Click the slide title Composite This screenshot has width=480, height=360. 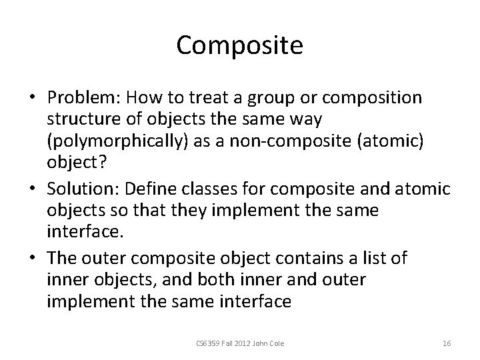click(x=240, y=46)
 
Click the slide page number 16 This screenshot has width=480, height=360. click(x=447, y=343)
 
